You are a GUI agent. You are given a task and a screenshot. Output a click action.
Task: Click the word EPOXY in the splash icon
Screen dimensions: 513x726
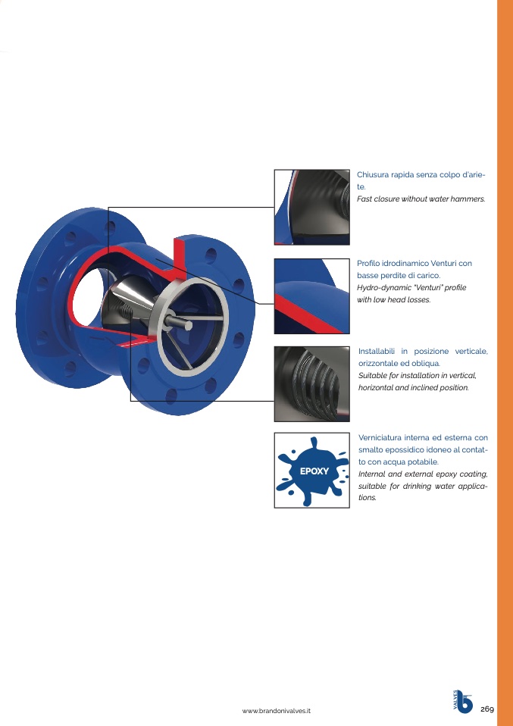click(x=314, y=471)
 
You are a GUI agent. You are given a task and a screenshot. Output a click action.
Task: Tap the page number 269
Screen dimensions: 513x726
click(x=486, y=709)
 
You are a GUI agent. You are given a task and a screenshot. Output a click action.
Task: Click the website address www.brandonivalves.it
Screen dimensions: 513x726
click(x=277, y=711)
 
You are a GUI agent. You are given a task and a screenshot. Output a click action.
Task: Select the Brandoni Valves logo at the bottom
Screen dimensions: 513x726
click(x=463, y=701)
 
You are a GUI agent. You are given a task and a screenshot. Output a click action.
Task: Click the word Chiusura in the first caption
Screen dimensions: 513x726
click(x=373, y=175)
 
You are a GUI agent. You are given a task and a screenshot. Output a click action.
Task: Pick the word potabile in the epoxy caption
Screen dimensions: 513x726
click(x=423, y=462)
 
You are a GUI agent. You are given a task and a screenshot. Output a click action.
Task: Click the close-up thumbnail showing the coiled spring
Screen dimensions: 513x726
click(x=311, y=383)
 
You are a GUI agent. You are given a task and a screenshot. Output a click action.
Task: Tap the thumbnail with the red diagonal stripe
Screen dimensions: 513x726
click(x=311, y=296)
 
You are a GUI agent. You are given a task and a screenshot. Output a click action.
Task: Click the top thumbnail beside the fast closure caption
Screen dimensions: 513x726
click(x=311, y=207)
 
